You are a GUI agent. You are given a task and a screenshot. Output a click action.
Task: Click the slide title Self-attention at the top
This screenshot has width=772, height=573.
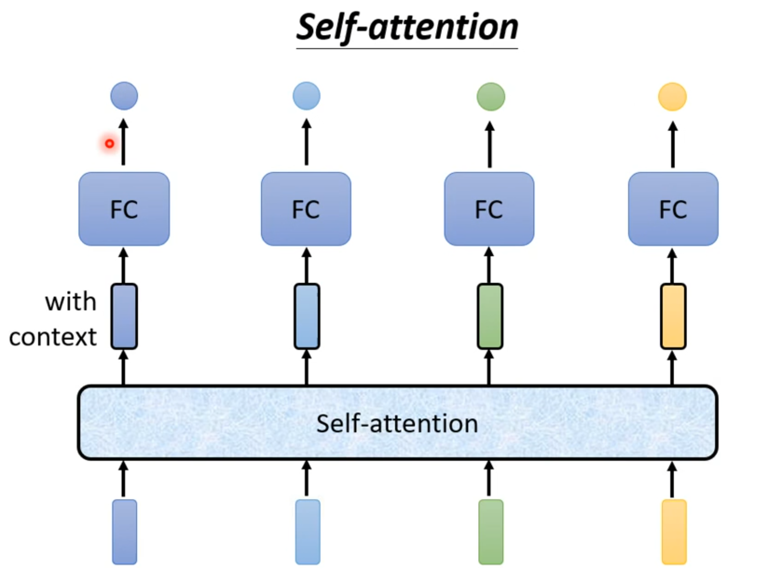(407, 28)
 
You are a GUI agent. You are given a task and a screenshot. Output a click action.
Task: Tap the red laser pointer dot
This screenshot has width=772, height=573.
(109, 144)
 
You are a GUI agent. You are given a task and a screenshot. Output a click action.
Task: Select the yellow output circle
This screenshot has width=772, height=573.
(672, 97)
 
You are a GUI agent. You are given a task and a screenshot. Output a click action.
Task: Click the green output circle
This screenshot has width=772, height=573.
(490, 97)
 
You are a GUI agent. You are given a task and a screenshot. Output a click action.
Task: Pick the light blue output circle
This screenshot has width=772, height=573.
(306, 96)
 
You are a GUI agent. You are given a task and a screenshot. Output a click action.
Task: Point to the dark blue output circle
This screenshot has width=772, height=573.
(124, 96)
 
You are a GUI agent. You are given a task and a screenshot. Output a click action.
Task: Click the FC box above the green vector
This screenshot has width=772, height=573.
(489, 209)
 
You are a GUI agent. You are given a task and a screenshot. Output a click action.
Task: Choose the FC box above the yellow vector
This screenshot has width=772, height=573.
(673, 209)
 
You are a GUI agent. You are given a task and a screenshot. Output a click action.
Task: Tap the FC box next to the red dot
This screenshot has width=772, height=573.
(124, 209)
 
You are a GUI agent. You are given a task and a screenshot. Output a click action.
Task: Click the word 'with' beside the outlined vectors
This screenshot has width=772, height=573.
(71, 302)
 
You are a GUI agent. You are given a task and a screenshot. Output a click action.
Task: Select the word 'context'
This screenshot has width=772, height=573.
(53, 337)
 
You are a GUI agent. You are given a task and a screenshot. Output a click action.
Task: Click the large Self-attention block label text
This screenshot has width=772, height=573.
(397, 423)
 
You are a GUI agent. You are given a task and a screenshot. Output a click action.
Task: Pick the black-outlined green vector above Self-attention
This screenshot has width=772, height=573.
(490, 316)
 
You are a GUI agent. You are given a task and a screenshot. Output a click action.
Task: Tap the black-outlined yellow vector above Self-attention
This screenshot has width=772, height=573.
(673, 316)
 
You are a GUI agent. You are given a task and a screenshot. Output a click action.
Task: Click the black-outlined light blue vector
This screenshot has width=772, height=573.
(307, 316)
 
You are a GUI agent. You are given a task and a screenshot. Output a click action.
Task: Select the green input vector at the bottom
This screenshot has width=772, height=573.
(490, 532)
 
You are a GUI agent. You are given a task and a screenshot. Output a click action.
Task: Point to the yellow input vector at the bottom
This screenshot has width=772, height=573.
(674, 532)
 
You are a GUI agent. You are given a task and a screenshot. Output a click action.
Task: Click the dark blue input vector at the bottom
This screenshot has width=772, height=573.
(124, 532)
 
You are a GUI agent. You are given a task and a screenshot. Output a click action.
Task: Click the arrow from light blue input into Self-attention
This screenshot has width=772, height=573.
(307, 479)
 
